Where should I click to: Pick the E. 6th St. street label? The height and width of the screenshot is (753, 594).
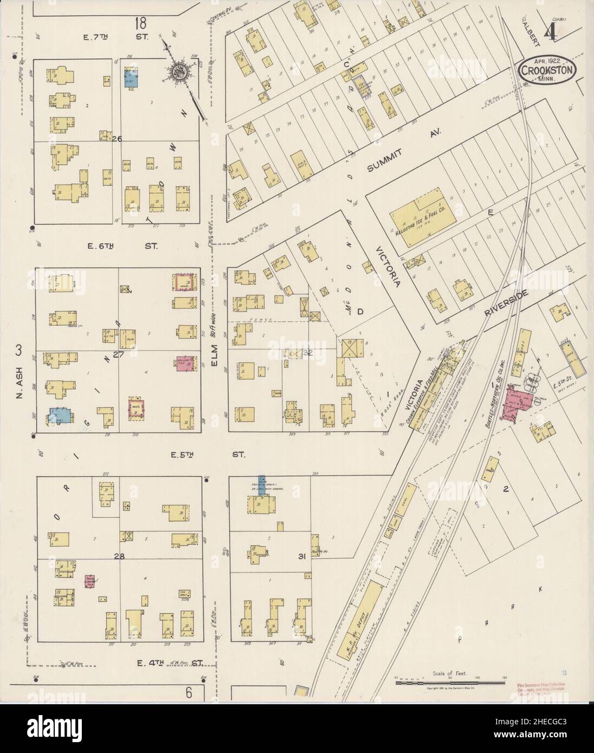pyautogui.click(x=122, y=246)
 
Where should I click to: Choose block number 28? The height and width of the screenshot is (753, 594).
pyautogui.click(x=119, y=556)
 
